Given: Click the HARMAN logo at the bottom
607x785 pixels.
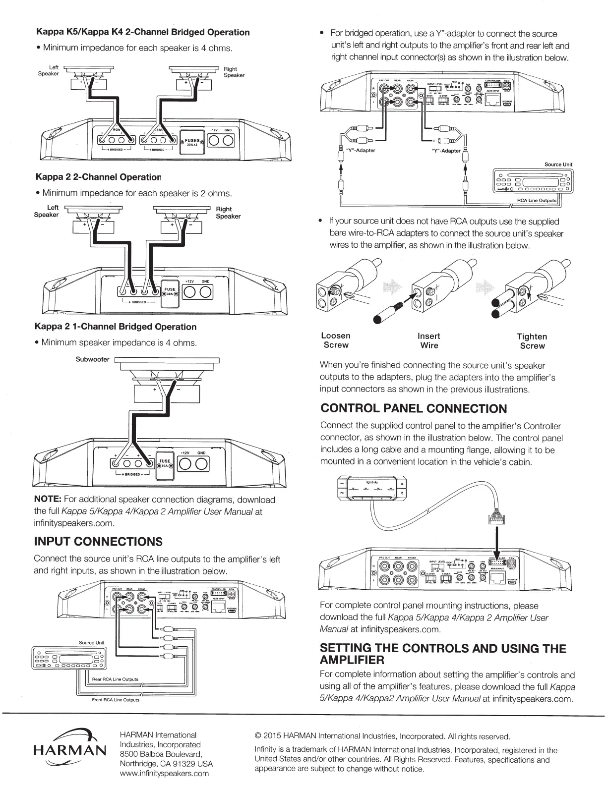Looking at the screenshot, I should pos(69,750).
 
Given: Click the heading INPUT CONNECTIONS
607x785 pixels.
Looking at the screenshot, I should pos(98,541).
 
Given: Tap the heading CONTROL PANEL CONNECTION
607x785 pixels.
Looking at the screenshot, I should pos(414,408).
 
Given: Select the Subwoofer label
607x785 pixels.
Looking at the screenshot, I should pos(92,359).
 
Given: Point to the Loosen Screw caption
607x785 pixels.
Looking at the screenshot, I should pos(336,340).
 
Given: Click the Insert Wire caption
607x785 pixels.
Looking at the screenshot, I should pos(429,340).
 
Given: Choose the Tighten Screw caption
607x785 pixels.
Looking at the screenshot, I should pos(532,341).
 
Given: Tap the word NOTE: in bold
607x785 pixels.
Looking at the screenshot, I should pos(48,499).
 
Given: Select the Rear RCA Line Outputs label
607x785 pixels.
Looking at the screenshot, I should pos(115,679).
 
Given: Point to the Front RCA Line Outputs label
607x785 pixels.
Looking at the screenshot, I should pos(116,700).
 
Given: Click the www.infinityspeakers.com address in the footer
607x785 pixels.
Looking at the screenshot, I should pos(164,773).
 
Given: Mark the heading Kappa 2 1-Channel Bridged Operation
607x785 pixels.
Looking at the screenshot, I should pos(116,327).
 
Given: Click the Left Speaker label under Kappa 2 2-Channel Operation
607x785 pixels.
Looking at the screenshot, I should pos(46,211).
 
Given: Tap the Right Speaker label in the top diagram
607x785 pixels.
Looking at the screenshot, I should pos(234,72).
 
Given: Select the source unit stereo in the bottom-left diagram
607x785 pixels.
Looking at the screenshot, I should pos(67,659).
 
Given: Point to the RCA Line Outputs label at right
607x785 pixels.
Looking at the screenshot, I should pos(537,200).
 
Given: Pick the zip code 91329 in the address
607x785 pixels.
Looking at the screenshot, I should pos(185,764).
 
